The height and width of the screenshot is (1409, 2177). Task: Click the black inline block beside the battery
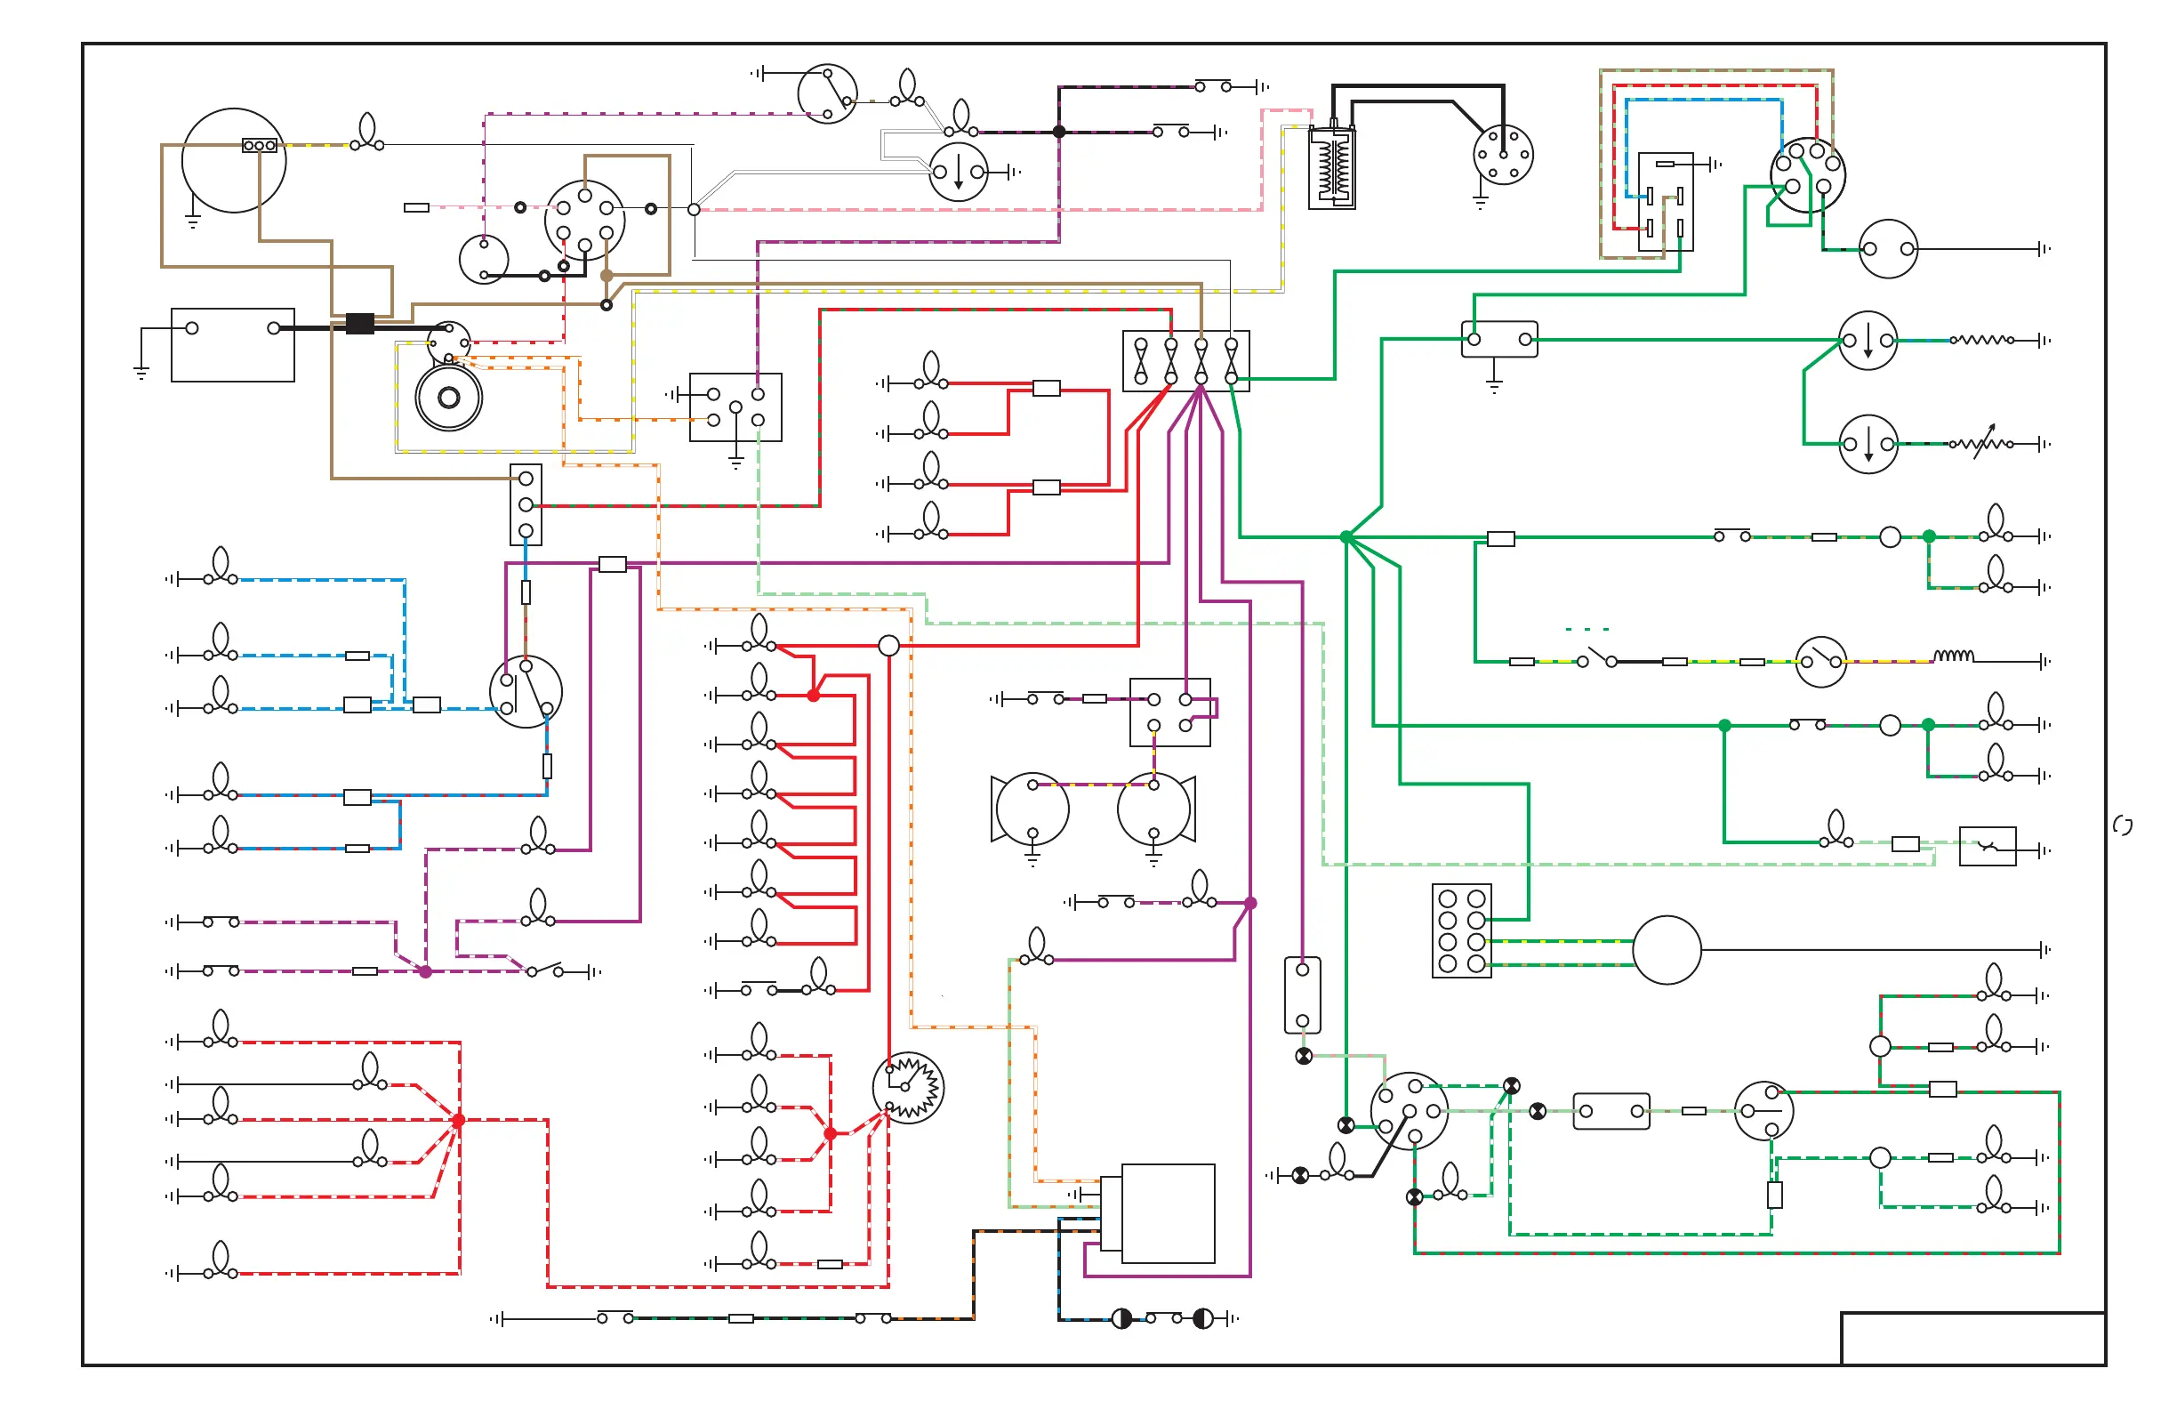pos(359,324)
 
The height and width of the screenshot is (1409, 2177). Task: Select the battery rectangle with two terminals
pos(232,345)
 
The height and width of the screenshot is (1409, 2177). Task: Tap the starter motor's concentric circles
pos(448,398)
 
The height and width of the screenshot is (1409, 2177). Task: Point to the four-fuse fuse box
pos(1185,361)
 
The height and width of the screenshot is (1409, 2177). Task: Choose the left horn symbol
pos(1030,809)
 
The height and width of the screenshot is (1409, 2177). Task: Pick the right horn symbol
pos(1156,809)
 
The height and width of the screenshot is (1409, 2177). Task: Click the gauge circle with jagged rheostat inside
pos(908,1088)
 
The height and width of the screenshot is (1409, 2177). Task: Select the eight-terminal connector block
pos(1462,930)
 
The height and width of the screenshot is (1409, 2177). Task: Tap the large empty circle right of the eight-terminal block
pos(1667,950)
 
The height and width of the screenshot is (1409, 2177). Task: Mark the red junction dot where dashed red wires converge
pos(458,1120)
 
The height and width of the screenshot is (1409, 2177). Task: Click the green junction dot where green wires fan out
pos(1346,537)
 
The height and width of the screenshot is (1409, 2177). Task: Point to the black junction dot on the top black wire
pos(1059,132)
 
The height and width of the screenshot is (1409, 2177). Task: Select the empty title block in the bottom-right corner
pos(1972,1339)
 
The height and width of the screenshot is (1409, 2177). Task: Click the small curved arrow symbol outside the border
pos(2123,826)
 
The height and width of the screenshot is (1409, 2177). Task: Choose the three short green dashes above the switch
pos(1587,630)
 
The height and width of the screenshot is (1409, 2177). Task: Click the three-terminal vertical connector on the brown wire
pos(526,504)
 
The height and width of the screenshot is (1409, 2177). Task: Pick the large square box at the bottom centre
pos(1167,1213)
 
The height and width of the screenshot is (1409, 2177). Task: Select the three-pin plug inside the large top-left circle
pos(259,146)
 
